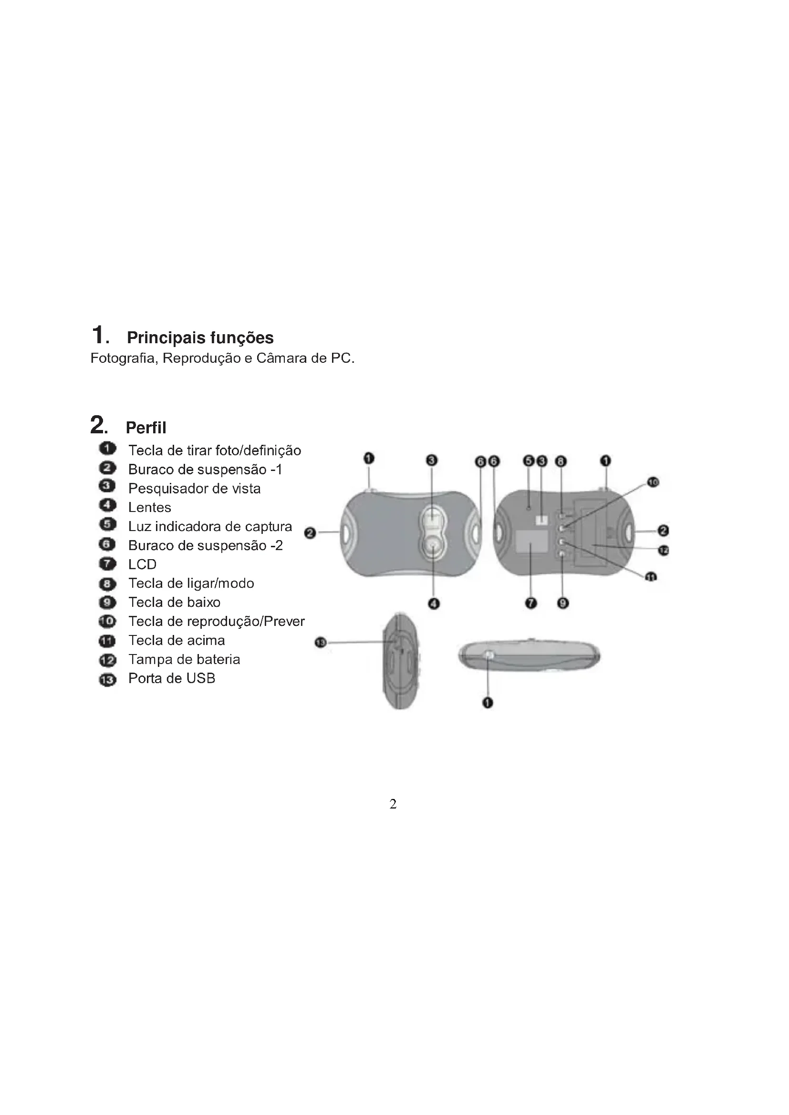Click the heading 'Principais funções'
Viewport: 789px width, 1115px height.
[200, 338]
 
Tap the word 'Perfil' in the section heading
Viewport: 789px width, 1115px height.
[146, 428]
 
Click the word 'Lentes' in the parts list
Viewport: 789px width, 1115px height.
[150, 508]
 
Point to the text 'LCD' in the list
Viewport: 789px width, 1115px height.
[142, 564]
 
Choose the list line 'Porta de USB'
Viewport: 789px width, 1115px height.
[172, 678]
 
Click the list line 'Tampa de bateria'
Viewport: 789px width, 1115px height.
[184, 659]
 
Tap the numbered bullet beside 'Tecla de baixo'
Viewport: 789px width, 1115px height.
[107, 603]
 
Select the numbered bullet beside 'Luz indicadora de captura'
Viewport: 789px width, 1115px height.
[107, 524]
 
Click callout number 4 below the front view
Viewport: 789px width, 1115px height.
[434, 604]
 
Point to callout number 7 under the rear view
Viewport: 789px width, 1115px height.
[531, 603]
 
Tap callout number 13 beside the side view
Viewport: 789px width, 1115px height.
[321, 643]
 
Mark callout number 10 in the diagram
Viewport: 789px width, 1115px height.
[653, 482]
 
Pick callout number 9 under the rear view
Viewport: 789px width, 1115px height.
[562, 603]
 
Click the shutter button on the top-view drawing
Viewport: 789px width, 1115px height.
[489, 656]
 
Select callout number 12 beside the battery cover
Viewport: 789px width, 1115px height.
[664, 550]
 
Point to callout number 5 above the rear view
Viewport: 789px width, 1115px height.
[529, 461]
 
